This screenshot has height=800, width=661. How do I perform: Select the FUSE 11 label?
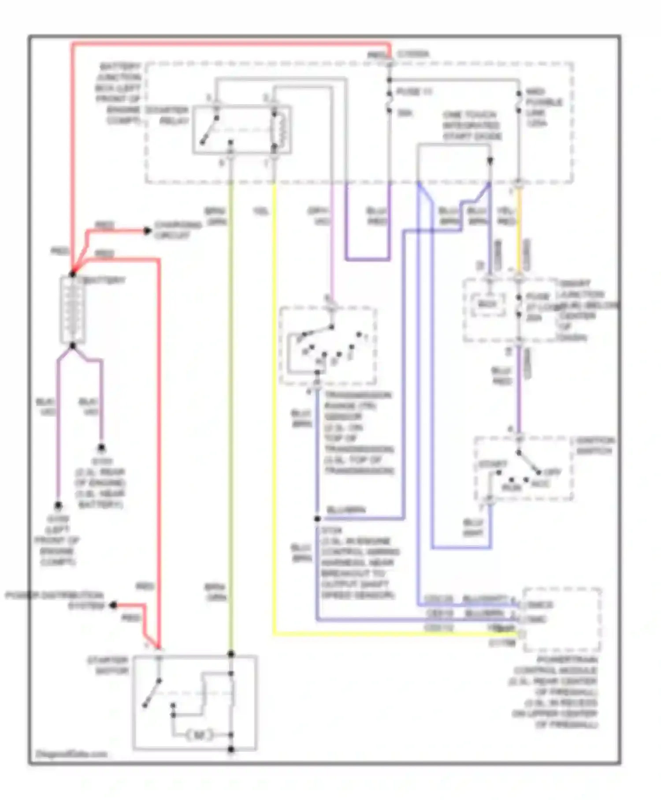414,92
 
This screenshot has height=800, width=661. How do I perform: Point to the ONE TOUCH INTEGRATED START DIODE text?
472,126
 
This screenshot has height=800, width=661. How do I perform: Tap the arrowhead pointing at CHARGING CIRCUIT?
148,231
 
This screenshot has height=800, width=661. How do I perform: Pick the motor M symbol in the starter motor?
200,735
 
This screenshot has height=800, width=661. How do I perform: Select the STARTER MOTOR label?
108,665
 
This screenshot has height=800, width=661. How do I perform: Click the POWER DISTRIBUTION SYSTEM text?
55,600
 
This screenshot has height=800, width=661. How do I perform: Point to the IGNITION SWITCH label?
594,445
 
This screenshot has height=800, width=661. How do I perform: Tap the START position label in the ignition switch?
493,464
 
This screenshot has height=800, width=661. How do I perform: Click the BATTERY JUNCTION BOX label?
118,93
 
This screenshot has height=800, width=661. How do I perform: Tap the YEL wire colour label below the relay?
260,212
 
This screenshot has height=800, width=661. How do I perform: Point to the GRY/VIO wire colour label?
319,216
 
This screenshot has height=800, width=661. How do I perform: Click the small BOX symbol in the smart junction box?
487,304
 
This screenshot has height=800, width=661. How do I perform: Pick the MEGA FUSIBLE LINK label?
544,107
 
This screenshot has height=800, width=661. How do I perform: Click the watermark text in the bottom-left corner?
71,754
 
